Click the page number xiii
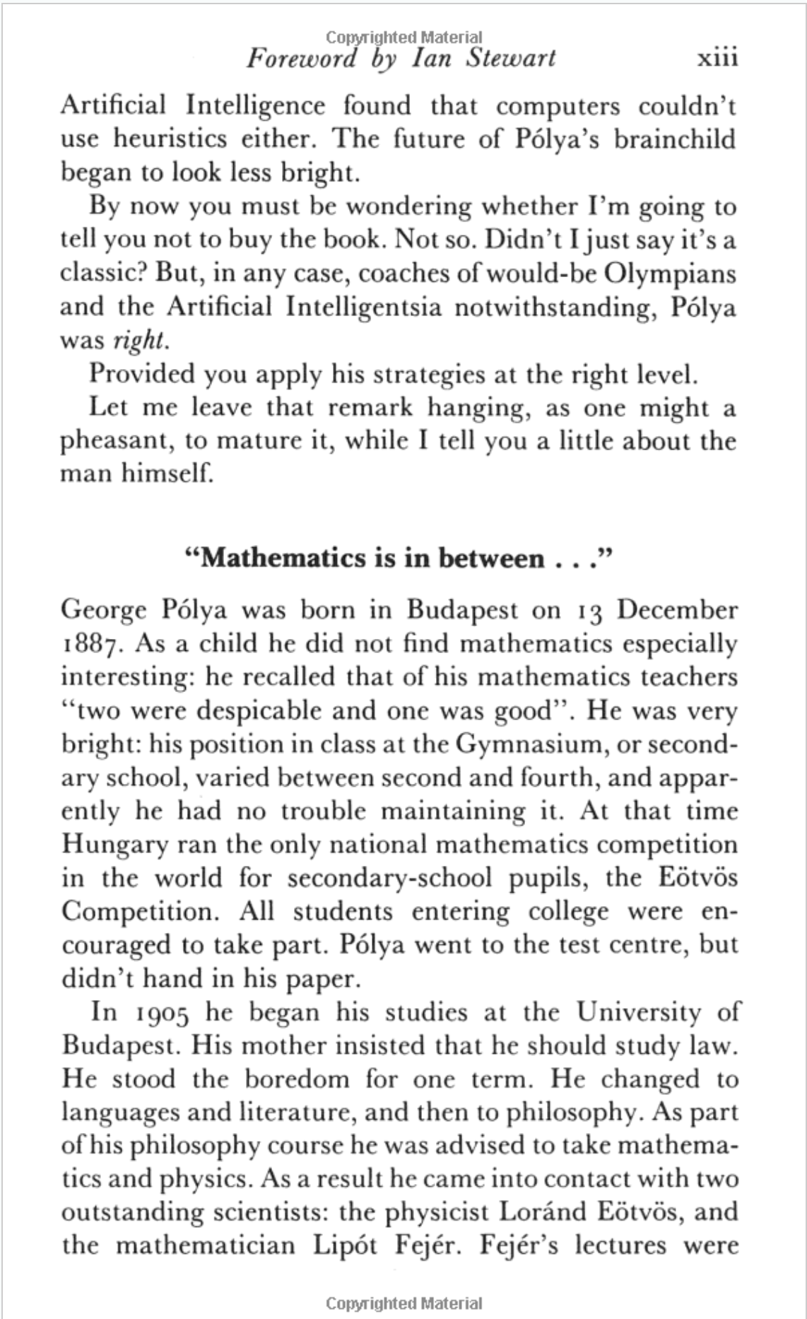pyautogui.click(x=717, y=58)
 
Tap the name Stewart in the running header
pyautogui.click(x=510, y=58)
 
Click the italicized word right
pyautogui.click(x=140, y=341)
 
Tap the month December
pyautogui.click(x=677, y=610)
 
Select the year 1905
pyautogui.click(x=160, y=1013)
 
